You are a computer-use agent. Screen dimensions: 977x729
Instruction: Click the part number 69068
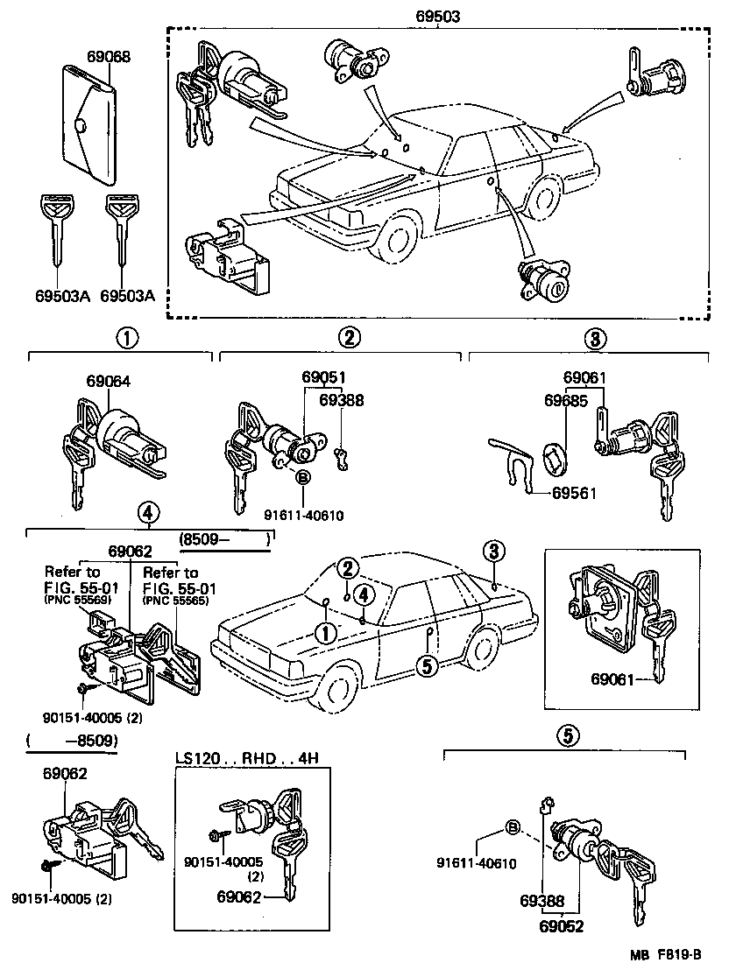pyautogui.click(x=109, y=57)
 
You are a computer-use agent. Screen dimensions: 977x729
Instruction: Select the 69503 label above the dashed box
pyautogui.click(x=438, y=16)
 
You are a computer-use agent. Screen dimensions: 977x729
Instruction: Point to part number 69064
pyautogui.click(x=108, y=382)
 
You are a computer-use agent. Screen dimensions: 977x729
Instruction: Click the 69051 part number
pyautogui.click(x=324, y=377)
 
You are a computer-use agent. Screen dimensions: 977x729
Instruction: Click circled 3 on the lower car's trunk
pyautogui.click(x=493, y=551)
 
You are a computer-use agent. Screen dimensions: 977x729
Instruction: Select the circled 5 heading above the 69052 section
pyautogui.click(x=566, y=736)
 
